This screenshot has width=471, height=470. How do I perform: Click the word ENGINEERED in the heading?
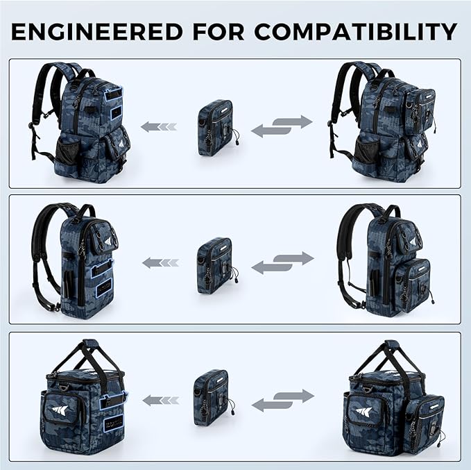(x=97, y=31)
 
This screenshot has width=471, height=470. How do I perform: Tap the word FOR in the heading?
(x=219, y=31)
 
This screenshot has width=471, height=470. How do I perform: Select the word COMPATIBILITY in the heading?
(x=356, y=31)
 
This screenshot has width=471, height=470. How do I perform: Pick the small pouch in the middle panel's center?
(x=217, y=265)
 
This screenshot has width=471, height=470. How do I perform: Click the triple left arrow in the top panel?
(x=159, y=126)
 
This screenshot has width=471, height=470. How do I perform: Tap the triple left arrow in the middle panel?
(x=160, y=263)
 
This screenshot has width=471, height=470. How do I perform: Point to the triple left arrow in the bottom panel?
(x=161, y=401)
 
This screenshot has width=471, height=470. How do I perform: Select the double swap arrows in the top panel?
(x=282, y=126)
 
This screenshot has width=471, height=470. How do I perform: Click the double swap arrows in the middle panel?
(x=282, y=263)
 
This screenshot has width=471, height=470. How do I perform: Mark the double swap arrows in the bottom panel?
(x=283, y=401)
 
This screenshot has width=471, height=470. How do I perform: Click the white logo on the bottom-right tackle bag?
(x=363, y=412)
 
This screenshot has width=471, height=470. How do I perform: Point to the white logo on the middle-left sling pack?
(x=108, y=241)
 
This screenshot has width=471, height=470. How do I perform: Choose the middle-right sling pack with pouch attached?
(x=386, y=260)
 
